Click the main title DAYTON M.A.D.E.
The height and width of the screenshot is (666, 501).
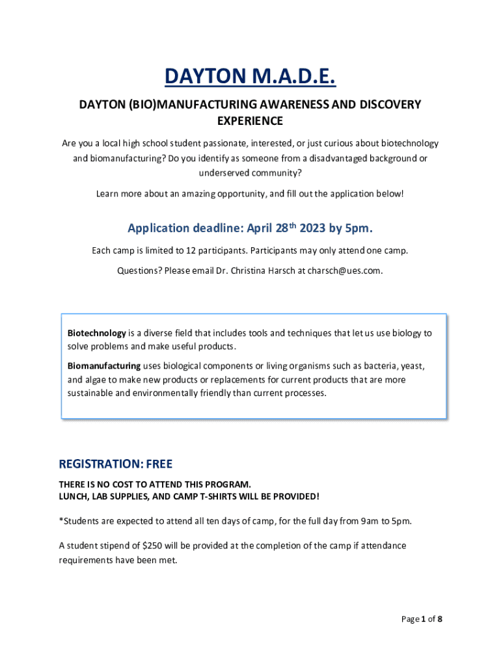(250, 77)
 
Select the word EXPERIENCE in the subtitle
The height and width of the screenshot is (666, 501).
(250, 121)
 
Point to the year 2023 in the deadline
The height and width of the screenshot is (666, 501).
(313, 228)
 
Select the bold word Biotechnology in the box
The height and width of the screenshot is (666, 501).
(97, 333)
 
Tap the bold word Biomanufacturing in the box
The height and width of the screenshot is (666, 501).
(104, 366)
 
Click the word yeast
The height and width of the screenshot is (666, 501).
(414, 366)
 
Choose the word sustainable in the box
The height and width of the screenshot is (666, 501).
(90, 393)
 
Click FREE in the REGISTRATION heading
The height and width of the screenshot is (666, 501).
(159, 464)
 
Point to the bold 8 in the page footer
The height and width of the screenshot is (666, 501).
(440, 619)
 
